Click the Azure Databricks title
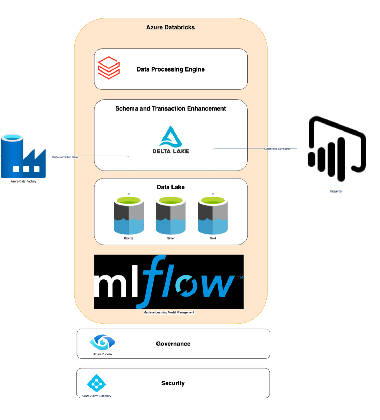170,27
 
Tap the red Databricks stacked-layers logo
109,68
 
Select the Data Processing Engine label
170,69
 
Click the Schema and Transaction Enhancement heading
170,108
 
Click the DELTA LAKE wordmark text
170,151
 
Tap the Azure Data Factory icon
23,156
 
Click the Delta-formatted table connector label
65,157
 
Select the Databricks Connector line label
277,149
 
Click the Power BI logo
336,149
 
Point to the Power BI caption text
336,191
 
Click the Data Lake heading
170,187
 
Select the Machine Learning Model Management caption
169,312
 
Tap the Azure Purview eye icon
102,342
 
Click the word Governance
173,344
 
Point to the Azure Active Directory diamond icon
96,383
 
